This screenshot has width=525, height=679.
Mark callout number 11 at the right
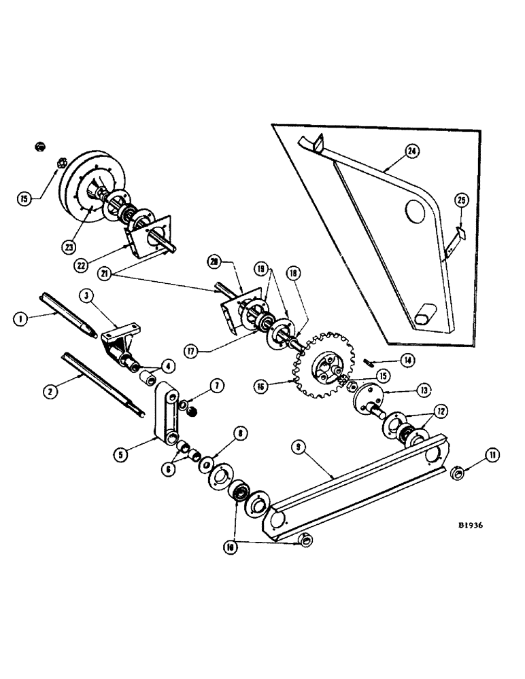(x=492, y=455)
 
